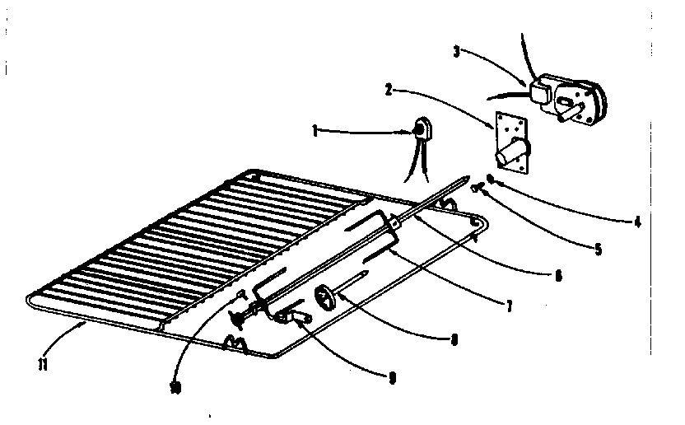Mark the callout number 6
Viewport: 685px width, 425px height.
click(558, 278)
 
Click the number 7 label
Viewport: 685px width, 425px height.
click(509, 307)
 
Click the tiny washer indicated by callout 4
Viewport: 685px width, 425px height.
click(489, 179)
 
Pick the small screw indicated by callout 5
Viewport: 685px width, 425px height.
click(477, 189)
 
